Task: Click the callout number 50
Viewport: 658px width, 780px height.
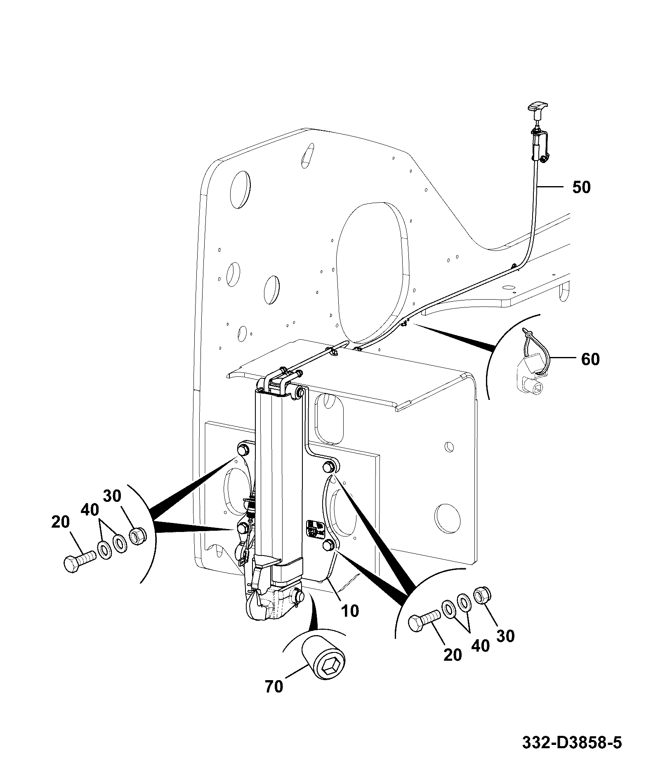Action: click(x=581, y=187)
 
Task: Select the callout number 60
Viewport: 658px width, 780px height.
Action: click(x=590, y=359)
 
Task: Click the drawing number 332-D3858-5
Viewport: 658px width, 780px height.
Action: click(x=572, y=743)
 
